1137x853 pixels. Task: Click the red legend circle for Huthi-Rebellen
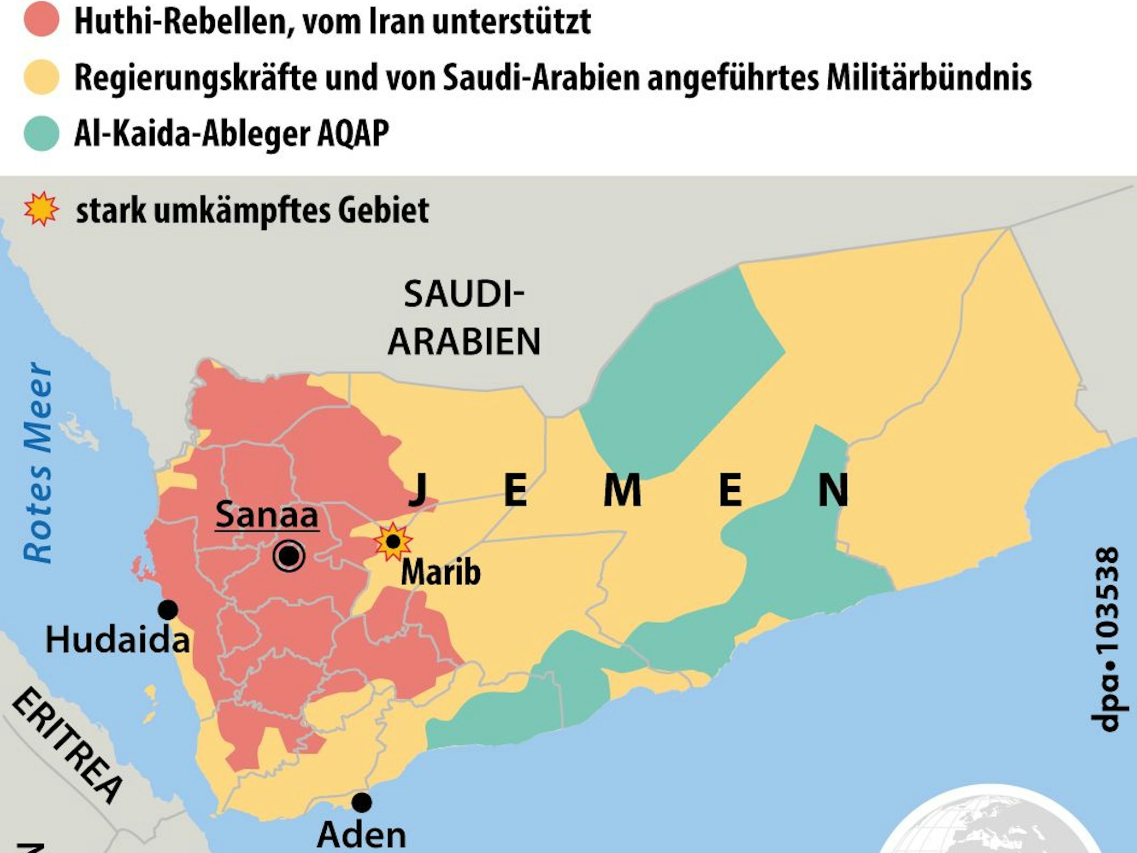42,19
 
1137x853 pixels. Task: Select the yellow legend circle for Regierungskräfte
42,77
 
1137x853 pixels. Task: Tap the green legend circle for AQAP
42,134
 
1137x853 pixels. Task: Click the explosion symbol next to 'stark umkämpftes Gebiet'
41,209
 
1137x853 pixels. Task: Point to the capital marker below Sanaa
289,556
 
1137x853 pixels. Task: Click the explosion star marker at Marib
393,542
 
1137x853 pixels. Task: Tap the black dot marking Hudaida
168,610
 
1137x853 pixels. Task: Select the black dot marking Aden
362,802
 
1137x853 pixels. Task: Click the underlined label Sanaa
267,515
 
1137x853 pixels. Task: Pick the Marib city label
441,572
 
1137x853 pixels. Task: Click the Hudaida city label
117,640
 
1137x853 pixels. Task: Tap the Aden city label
362,835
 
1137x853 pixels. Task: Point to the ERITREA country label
67,745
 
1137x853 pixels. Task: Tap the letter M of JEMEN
622,490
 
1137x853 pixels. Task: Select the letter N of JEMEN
833,490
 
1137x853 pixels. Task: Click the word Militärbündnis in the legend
929,77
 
